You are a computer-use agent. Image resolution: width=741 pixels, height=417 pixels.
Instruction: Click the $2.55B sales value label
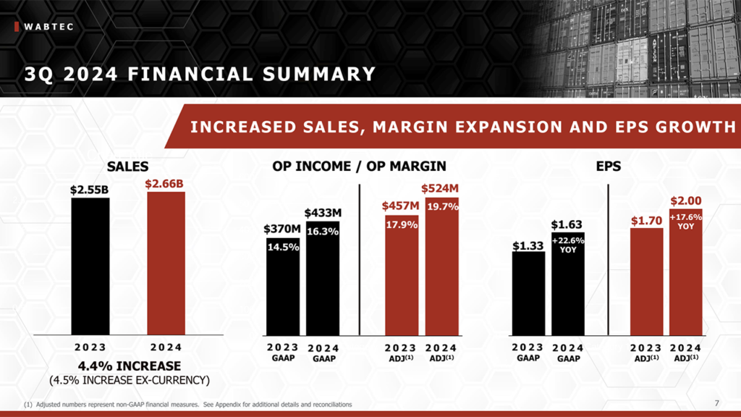90,190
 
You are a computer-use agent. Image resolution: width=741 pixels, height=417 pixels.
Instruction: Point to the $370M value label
282,229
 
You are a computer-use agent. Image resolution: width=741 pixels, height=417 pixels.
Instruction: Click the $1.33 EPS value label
528,245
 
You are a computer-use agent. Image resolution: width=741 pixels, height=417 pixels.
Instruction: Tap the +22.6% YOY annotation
568,245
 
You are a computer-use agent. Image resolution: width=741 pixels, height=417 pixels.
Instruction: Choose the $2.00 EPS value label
685,201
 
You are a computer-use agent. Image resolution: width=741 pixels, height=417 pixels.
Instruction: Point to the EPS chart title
609,167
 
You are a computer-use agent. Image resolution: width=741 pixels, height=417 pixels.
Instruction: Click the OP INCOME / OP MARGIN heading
360,167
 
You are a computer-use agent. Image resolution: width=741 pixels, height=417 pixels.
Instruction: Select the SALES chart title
127,167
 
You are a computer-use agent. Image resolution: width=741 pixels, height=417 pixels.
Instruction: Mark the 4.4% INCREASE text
129,366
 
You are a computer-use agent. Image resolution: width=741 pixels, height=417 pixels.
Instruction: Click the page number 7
716,403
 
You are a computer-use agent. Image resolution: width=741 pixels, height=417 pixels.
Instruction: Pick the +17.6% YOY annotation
685,221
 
